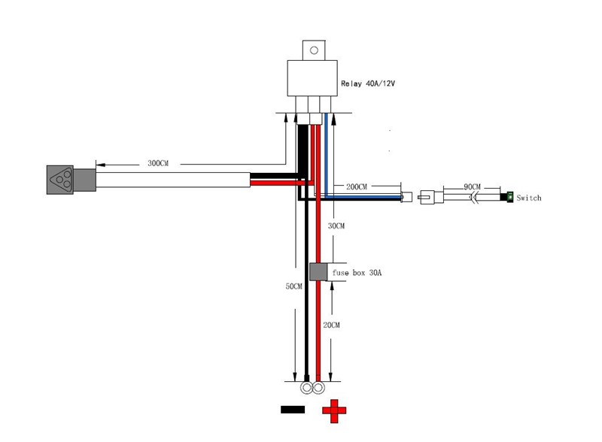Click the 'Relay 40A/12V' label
tap(367, 84)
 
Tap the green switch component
tap(510, 198)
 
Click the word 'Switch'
tap(529, 198)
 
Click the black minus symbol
tap(292, 410)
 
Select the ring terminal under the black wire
tap(306, 389)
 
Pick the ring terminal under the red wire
tap(319, 389)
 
